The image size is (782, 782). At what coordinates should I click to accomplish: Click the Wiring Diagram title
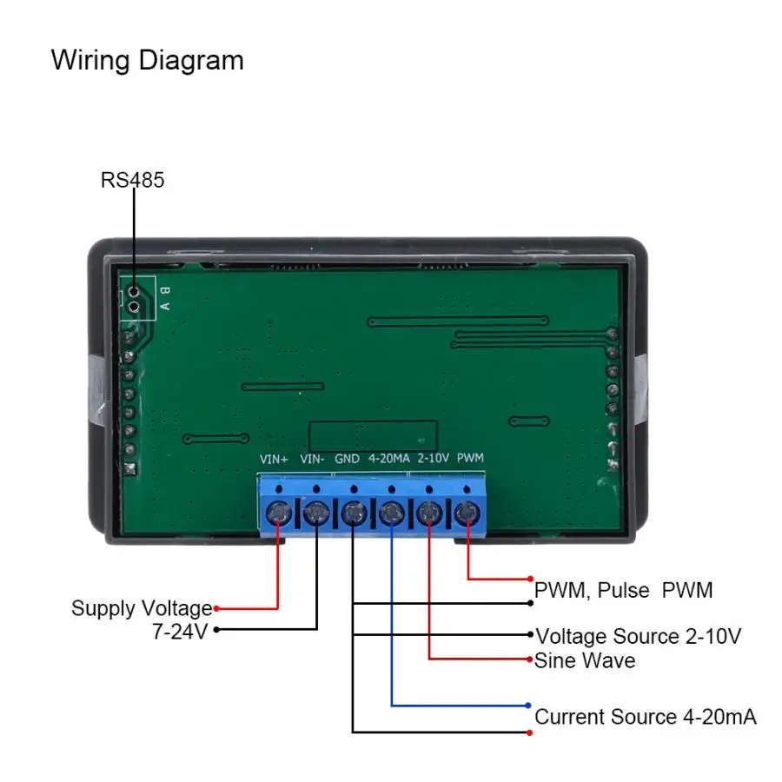point(147,61)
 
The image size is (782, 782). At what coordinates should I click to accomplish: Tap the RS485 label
point(132,181)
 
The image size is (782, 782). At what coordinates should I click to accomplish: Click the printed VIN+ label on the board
point(275,458)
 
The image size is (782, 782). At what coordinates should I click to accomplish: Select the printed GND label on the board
point(348,458)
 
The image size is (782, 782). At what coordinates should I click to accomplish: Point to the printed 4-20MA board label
point(388,458)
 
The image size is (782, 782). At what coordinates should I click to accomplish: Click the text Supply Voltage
point(141,608)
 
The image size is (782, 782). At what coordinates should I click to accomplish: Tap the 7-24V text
point(180,631)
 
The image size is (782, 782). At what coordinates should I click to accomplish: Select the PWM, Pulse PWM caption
point(623,591)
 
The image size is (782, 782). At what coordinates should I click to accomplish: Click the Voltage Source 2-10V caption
point(638,636)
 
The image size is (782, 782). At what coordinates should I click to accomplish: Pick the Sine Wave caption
point(585,660)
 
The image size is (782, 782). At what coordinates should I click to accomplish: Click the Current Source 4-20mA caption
point(645,717)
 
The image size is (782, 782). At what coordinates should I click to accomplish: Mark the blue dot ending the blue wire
point(528,705)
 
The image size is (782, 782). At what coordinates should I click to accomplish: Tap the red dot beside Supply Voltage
point(216,608)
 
